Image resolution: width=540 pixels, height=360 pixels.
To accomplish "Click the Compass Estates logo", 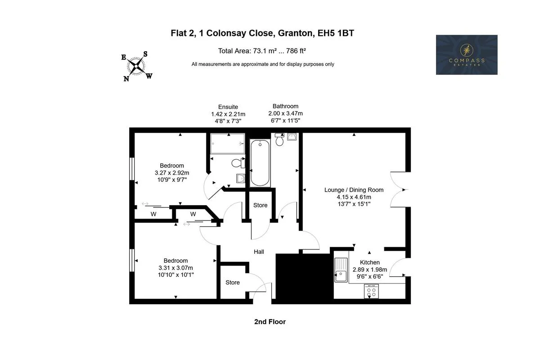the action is [467, 55].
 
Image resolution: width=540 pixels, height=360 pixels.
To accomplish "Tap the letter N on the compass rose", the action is [126, 79].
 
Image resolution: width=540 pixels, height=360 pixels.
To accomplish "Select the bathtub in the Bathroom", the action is [260, 163].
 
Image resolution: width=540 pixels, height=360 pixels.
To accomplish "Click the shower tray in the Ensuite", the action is [228, 144].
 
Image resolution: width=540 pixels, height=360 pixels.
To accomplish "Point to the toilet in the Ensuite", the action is [238, 163].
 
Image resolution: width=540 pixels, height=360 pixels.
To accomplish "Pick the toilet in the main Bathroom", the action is [279, 139].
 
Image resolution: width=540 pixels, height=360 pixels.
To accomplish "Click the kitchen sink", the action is [341, 270].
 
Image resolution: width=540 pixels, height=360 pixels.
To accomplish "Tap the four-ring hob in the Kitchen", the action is [371, 291].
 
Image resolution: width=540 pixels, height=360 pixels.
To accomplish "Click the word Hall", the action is [259, 252].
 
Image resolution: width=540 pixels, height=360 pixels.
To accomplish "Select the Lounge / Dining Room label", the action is [354, 190].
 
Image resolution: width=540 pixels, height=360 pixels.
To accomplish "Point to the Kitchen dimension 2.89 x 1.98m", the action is [370, 270].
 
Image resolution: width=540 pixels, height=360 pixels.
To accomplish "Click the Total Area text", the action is [262, 51].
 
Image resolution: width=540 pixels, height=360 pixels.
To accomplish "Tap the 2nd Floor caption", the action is [270, 322].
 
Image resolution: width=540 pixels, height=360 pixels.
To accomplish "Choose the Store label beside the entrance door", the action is [233, 282].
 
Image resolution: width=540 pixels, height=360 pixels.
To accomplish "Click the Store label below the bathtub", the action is [261, 205].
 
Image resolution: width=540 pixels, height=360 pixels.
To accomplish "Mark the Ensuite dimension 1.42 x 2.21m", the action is [228, 114].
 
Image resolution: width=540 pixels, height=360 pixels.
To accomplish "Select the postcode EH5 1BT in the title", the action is [336, 33].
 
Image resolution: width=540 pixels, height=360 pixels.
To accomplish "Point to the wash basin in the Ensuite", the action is [241, 179].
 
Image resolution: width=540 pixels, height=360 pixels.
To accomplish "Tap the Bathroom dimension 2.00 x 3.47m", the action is [285, 113].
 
